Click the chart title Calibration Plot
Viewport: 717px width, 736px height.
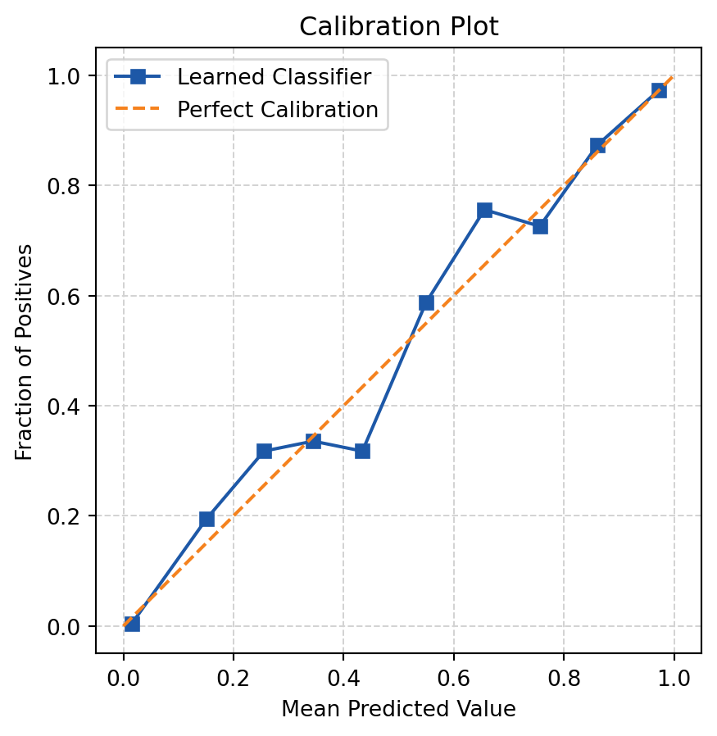(x=398, y=26)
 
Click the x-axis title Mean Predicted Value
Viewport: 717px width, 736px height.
(x=398, y=709)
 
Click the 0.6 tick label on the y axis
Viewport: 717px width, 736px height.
(x=65, y=296)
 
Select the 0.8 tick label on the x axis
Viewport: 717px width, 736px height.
(x=564, y=679)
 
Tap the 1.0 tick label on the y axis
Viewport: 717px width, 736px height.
(x=65, y=76)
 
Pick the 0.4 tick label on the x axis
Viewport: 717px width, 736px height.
(x=343, y=679)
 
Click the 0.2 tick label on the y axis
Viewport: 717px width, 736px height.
(x=65, y=516)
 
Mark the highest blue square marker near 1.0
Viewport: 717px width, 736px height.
(x=659, y=90)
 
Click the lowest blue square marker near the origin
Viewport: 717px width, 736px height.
(x=132, y=624)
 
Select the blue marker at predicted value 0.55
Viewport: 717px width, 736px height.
(x=426, y=302)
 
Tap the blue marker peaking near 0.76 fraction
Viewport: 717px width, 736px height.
(x=484, y=210)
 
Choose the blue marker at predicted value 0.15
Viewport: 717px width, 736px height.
(x=206, y=519)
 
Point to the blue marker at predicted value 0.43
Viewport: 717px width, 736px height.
(x=362, y=451)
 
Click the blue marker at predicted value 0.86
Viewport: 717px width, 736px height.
(x=597, y=145)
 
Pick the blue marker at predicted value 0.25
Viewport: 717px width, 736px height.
(x=264, y=451)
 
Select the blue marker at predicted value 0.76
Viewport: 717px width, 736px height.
(x=540, y=226)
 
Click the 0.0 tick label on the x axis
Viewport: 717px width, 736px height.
(x=124, y=679)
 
